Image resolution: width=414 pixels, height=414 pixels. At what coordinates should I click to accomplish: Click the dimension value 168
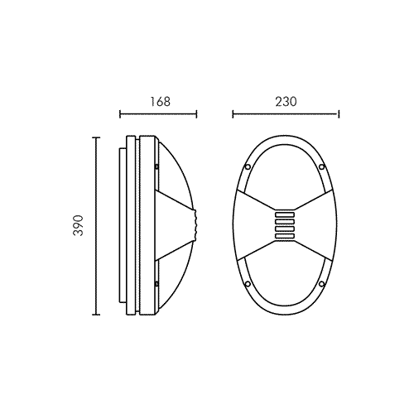[x=160, y=102]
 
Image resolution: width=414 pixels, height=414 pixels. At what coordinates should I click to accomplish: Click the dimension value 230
[x=286, y=102]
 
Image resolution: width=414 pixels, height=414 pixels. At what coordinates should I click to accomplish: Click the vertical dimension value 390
[x=78, y=225]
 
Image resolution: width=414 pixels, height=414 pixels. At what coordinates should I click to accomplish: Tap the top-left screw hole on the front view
[x=248, y=166]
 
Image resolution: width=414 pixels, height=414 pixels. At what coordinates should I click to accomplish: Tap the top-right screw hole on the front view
[x=321, y=166]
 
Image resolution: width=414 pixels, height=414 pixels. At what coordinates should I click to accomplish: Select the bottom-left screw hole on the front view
[x=248, y=283]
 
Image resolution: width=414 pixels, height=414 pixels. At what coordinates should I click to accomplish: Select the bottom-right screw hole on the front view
[x=321, y=283]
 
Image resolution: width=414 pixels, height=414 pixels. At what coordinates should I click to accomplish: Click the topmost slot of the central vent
[x=285, y=214]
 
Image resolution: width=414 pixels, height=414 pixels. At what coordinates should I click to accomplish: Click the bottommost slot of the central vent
[x=285, y=236]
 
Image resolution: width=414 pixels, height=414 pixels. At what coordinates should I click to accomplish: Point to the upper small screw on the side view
[x=156, y=166]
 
